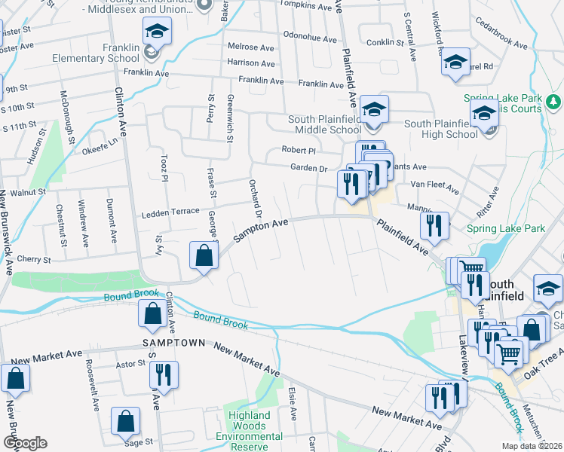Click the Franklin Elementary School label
coord(97,57)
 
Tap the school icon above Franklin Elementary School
coord(157,32)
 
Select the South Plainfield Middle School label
coord(326,124)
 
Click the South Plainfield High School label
coord(441,129)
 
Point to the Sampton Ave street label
coord(261,231)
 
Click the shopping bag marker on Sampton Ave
coord(204,255)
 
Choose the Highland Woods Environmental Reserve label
coord(250,426)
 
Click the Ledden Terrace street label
coord(171,212)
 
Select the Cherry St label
coord(35,259)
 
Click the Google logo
coord(25,443)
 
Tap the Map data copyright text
coord(532,446)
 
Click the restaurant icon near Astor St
coord(163,374)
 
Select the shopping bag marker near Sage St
coord(125,420)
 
